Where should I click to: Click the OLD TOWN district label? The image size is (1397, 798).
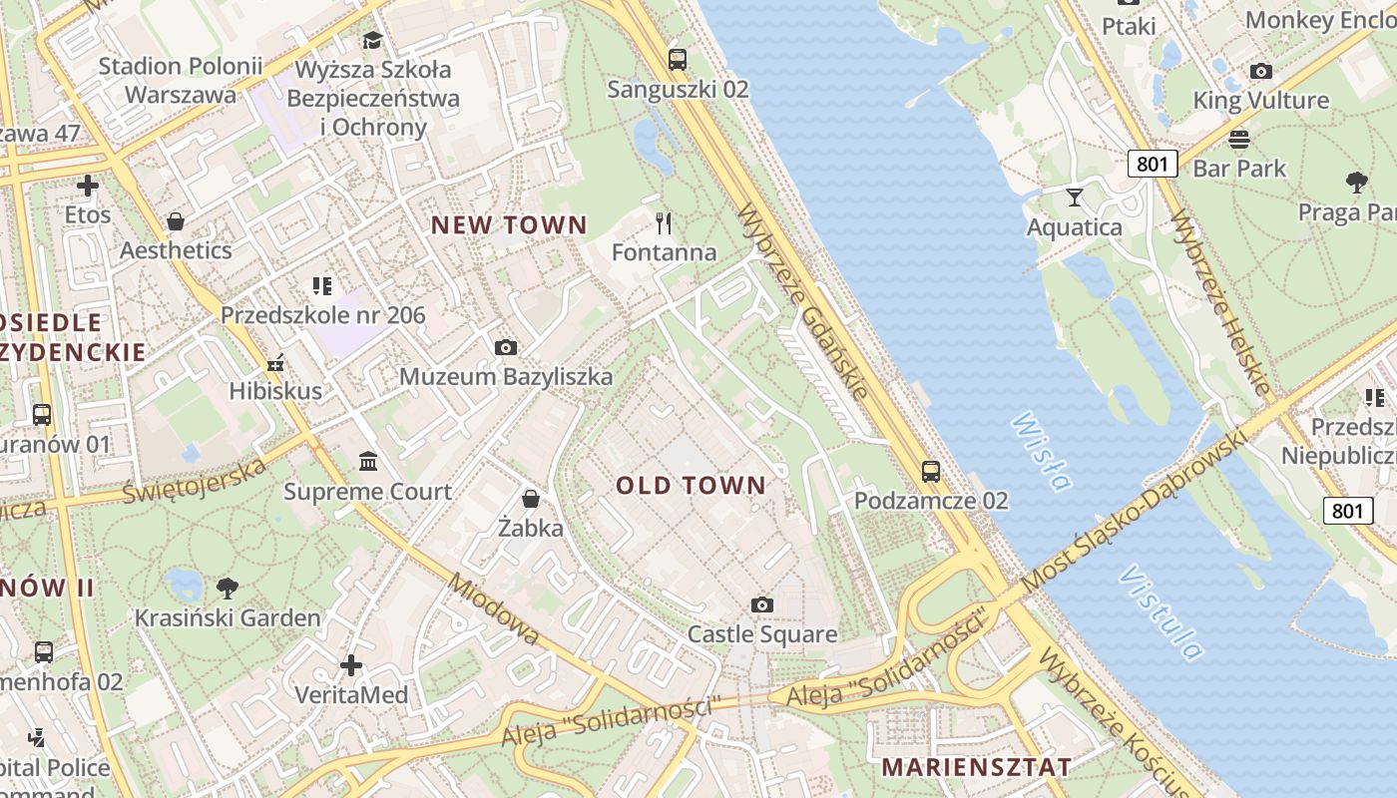tap(691, 486)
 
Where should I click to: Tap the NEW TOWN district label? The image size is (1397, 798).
tap(509, 224)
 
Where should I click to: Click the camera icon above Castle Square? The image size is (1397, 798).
tap(762, 604)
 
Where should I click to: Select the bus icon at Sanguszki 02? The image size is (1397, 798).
tap(678, 59)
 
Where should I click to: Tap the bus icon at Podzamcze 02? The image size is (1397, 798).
tap(930, 471)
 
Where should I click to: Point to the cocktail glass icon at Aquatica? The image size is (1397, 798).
tap(1074, 198)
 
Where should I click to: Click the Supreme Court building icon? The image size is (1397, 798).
tap(368, 462)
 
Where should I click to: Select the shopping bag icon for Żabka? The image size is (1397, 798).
tap(531, 498)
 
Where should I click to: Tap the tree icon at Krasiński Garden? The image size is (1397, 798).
tap(228, 588)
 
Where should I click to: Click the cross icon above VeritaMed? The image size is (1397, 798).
tap(351, 664)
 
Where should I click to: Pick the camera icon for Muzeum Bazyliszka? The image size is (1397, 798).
tap(506, 347)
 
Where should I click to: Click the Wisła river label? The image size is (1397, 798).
tap(1041, 452)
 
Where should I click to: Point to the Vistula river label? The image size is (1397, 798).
tap(1161, 612)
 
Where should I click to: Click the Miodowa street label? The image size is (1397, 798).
tap(494, 608)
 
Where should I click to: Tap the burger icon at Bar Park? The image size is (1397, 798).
tap(1239, 138)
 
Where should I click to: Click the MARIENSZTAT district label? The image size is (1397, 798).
tap(977, 767)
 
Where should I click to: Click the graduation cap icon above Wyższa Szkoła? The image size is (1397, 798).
tap(372, 40)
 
